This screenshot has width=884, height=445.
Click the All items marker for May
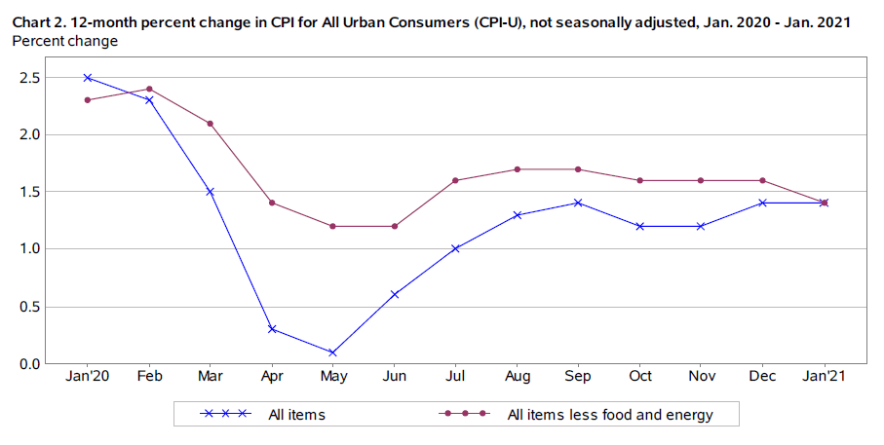[332, 352]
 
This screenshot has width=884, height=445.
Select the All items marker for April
[271, 329]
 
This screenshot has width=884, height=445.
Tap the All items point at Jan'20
[88, 77]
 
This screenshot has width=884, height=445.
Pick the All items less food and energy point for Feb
[149, 89]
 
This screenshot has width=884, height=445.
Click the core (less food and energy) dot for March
[210, 124]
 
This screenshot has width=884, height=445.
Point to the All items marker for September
[578, 203]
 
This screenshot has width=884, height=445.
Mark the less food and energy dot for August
[517, 169]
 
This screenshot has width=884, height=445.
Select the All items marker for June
[394, 294]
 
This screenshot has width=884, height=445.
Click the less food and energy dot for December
[762, 180]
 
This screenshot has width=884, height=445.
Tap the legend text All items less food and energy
[610, 415]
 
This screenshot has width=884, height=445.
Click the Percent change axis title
[65, 41]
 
